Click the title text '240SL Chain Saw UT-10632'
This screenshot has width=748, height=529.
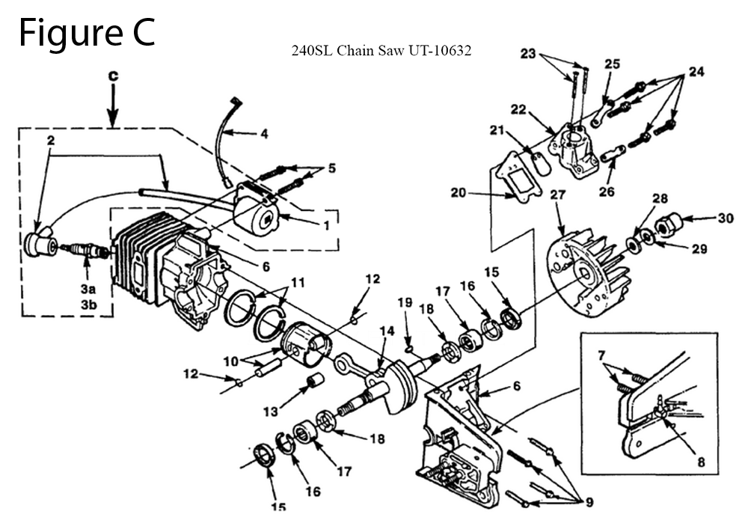(x=381, y=51)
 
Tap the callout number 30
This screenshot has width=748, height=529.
(x=725, y=218)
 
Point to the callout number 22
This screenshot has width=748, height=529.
(x=518, y=109)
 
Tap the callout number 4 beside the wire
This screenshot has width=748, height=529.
(x=264, y=134)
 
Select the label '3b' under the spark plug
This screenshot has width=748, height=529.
(x=88, y=305)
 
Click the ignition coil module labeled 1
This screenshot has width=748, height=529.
(x=256, y=210)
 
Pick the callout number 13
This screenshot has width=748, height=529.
(x=271, y=411)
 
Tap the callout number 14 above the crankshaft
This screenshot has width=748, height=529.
(x=387, y=331)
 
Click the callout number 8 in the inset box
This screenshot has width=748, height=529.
(x=701, y=462)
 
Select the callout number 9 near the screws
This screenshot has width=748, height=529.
(x=589, y=502)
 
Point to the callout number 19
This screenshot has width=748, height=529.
(x=405, y=302)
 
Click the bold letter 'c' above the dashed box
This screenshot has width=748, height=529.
(x=113, y=76)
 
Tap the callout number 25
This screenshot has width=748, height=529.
(x=613, y=64)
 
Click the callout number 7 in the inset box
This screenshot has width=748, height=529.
(x=601, y=355)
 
